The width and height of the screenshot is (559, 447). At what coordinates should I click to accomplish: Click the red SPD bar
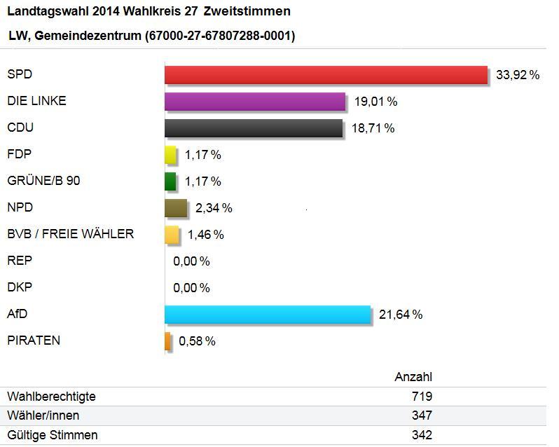tap(326, 75)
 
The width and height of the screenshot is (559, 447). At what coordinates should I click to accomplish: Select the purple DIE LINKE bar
tap(255, 102)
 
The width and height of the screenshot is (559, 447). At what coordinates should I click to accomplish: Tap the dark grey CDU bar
tap(254, 128)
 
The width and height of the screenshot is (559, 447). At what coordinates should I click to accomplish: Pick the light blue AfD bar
tap(268, 315)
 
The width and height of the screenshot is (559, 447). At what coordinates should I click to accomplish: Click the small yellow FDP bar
tap(170, 155)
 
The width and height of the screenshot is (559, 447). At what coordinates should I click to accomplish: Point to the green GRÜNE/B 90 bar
tap(170, 181)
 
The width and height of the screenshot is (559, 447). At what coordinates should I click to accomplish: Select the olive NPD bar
tap(176, 208)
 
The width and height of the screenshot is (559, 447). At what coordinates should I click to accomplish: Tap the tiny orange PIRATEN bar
tap(167, 341)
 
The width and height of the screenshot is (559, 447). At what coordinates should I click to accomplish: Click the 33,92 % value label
tap(518, 75)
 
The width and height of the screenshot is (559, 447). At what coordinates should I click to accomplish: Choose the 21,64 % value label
tap(401, 315)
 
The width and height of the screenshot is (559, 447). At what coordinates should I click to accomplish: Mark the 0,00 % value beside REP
tap(191, 261)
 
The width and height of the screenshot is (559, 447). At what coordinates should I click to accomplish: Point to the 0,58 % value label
tap(197, 342)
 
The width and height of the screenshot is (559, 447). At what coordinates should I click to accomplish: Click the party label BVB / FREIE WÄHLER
tap(70, 234)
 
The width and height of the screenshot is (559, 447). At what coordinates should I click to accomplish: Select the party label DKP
tap(20, 287)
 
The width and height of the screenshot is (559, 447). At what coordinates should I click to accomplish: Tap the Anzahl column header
tap(413, 377)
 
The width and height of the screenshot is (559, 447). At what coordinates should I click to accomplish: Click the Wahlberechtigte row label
tap(51, 397)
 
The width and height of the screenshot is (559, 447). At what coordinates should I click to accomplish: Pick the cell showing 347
tap(422, 416)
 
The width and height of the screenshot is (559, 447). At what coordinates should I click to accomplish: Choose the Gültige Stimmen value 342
tap(422, 435)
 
